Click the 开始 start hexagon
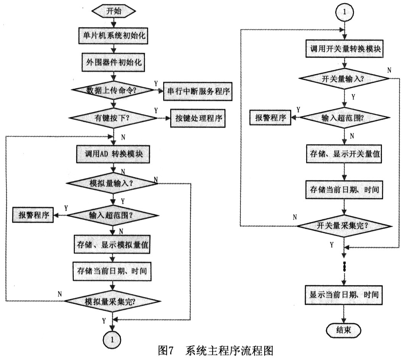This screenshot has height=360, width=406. pyautogui.click(x=114, y=11)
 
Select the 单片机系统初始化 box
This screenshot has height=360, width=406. pyautogui.click(x=113, y=35)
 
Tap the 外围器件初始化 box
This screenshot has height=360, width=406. pyautogui.click(x=114, y=62)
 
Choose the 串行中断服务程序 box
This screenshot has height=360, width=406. pyautogui.click(x=198, y=91)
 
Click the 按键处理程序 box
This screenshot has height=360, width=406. pyautogui.click(x=198, y=118)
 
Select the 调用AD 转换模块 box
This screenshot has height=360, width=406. pyautogui.click(x=113, y=154)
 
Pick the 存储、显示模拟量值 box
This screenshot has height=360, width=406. pyautogui.click(x=112, y=244)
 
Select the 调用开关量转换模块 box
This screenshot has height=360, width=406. pyautogui.click(x=344, y=49)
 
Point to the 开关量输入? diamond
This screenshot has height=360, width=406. pyautogui.click(x=344, y=79)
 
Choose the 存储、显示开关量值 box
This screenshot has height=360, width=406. pyautogui.click(x=344, y=154)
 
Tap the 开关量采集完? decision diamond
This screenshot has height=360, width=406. pyautogui.click(x=344, y=226)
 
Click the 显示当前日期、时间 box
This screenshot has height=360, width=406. pyautogui.click(x=344, y=295)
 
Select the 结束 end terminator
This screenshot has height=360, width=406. pyautogui.click(x=344, y=330)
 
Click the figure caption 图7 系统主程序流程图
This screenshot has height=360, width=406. pyautogui.click(x=216, y=351)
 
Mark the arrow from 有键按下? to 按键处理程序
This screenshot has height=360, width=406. pyautogui.click(x=164, y=118)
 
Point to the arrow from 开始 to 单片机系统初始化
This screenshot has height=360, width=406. pyautogui.click(x=114, y=23)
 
